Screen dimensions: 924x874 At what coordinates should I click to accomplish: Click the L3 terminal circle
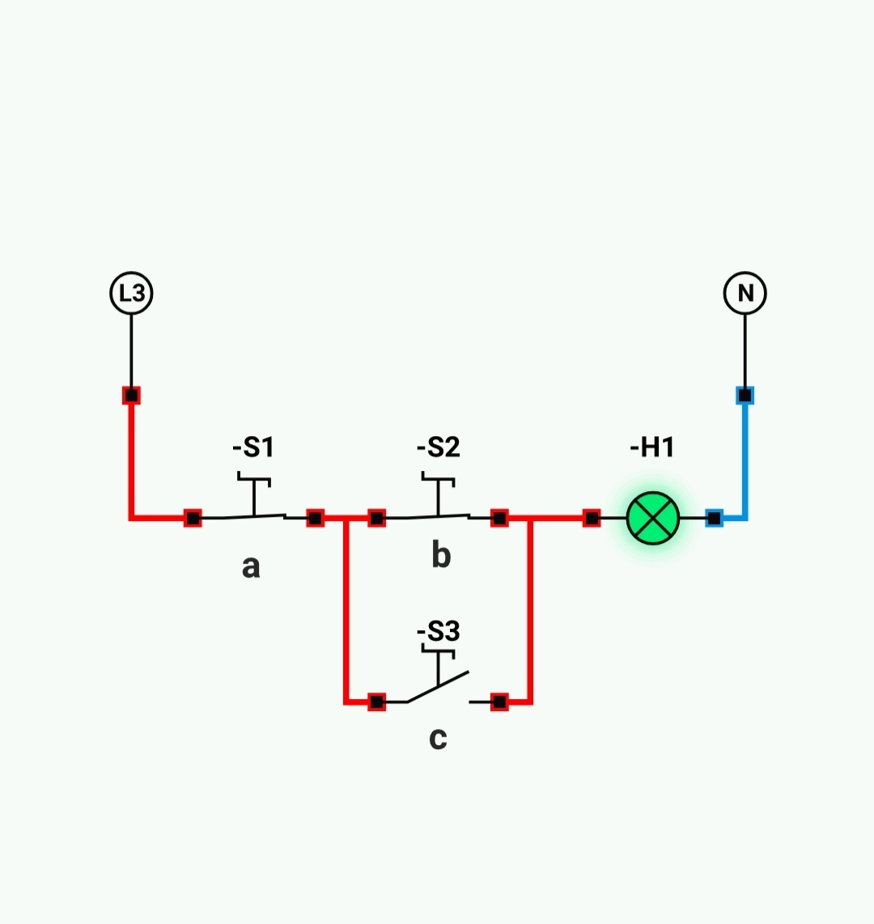tap(131, 292)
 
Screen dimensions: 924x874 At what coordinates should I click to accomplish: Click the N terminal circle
tap(745, 292)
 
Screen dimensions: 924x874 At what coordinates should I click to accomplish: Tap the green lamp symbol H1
tap(653, 518)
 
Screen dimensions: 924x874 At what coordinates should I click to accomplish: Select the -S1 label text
tap(253, 447)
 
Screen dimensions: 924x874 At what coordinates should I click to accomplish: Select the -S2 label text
tap(438, 447)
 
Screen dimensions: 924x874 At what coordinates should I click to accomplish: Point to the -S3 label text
tap(438, 631)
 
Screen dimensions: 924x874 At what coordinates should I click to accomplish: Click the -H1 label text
tap(652, 447)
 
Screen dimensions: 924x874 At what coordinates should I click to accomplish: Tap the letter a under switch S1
tap(251, 566)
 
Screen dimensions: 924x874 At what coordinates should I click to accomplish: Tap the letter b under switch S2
tap(440, 556)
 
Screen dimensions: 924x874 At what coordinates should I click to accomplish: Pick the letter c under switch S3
tap(438, 738)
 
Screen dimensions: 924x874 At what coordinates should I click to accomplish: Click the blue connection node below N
tap(745, 396)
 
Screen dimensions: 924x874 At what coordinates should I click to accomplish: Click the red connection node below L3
tap(131, 396)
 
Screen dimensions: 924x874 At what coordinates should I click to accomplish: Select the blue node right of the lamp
tap(714, 518)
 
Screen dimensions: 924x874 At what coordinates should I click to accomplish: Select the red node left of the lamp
tap(592, 518)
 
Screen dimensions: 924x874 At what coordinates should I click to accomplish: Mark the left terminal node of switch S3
tap(376, 701)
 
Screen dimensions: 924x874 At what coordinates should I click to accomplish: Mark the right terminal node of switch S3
tap(499, 701)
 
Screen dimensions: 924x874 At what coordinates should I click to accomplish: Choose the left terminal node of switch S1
tap(193, 518)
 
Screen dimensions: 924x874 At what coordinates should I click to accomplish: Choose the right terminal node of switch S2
tap(499, 518)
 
